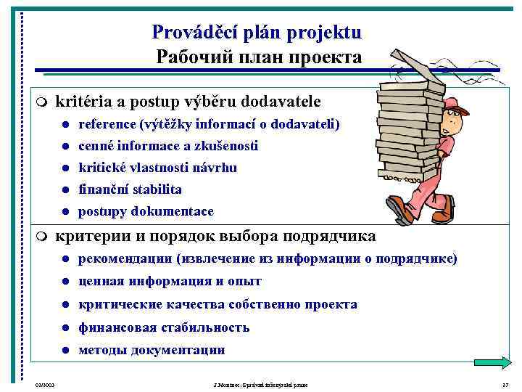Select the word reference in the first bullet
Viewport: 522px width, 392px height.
pos(107,124)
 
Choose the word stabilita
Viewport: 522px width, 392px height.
pos(156,189)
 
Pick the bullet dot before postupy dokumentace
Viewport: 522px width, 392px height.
pos(65,212)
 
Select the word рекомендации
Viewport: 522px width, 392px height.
pos(125,259)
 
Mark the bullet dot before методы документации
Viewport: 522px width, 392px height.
pos(65,350)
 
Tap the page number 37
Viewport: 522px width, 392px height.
pos(506,383)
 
